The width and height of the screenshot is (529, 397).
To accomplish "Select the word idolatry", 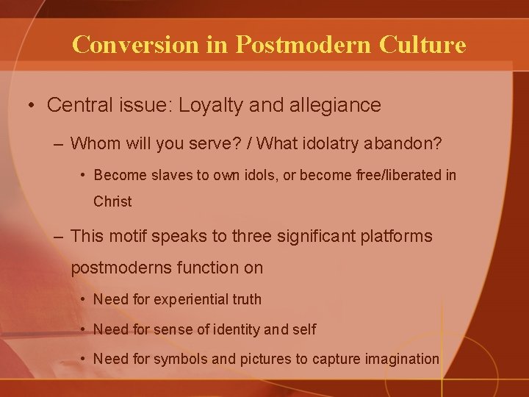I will (x=323, y=143).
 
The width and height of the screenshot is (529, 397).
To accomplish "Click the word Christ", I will (x=112, y=201).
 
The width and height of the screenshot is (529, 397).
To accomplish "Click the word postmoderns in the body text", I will (x=120, y=268).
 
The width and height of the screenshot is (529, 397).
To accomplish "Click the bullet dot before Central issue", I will (x=32, y=106).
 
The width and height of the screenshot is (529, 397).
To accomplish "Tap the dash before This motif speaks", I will (x=58, y=236).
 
